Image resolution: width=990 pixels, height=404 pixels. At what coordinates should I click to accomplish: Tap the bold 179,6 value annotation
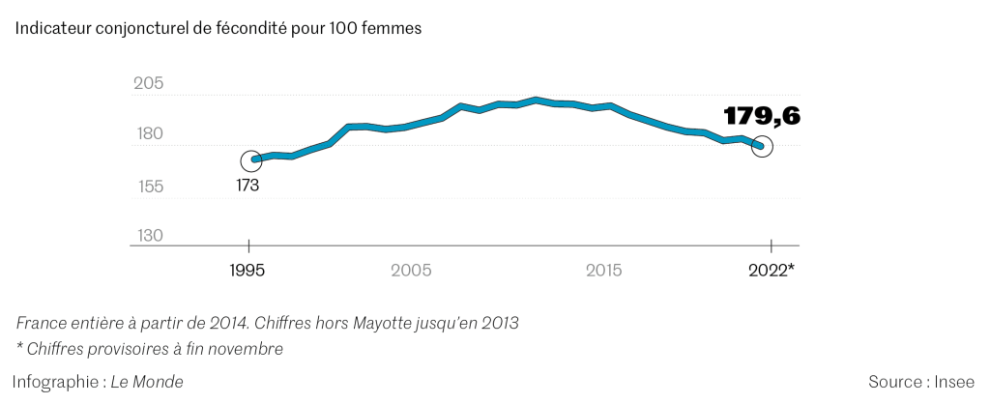763,117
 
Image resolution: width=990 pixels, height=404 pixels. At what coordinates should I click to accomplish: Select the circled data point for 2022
762,147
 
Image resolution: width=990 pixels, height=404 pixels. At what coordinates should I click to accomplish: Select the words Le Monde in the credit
146,382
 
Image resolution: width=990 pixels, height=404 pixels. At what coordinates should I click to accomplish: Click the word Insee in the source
956,382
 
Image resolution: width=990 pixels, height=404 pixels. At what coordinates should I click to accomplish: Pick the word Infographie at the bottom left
54,382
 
